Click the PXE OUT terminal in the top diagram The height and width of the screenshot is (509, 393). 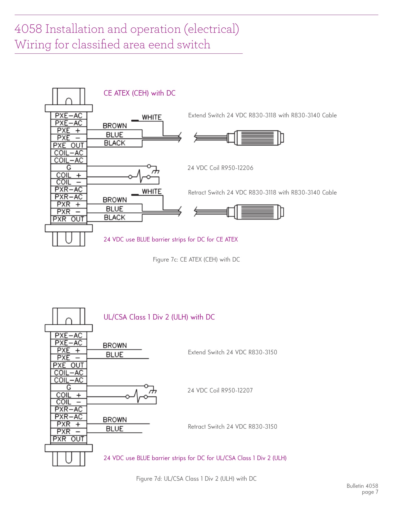(69, 145)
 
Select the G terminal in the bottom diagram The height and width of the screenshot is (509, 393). (69, 387)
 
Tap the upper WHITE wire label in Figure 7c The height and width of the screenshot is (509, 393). (152, 117)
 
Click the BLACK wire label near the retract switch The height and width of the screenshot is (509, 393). (114, 217)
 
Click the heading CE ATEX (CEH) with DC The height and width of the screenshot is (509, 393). (140, 93)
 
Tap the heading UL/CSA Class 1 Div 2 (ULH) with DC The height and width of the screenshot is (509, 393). (159, 317)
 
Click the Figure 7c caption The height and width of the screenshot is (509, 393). (196, 260)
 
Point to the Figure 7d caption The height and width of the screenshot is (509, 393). (196, 479)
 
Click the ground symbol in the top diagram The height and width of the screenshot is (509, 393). (156, 171)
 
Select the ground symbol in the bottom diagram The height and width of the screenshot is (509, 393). (153, 391)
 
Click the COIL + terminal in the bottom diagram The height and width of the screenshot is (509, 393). (69, 395)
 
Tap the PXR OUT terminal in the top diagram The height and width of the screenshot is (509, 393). (69, 219)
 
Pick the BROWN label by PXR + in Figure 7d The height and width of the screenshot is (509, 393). (115, 420)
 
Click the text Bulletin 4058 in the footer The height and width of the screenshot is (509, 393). (362, 486)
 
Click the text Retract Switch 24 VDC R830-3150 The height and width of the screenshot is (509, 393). (233, 427)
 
